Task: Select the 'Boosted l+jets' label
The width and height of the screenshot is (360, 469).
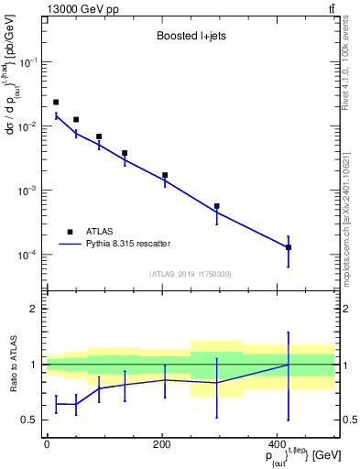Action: (x=190, y=38)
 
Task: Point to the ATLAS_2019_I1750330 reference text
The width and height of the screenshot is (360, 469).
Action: (x=190, y=274)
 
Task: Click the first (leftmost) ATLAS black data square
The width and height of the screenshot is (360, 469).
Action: (x=56, y=103)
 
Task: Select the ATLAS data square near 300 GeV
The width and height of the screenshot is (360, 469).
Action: (x=216, y=206)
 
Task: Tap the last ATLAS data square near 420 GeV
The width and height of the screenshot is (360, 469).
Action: (x=289, y=247)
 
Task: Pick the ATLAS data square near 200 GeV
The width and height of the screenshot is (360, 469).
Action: (x=165, y=175)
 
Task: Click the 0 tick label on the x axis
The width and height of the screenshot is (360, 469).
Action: (x=47, y=443)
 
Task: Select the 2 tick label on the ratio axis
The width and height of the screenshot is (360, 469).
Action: (x=34, y=309)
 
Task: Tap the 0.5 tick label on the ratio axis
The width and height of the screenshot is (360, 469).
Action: (x=30, y=420)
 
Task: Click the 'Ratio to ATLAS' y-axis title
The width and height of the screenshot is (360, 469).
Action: (x=12, y=364)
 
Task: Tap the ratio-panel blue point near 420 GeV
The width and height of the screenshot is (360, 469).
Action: (x=289, y=365)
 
